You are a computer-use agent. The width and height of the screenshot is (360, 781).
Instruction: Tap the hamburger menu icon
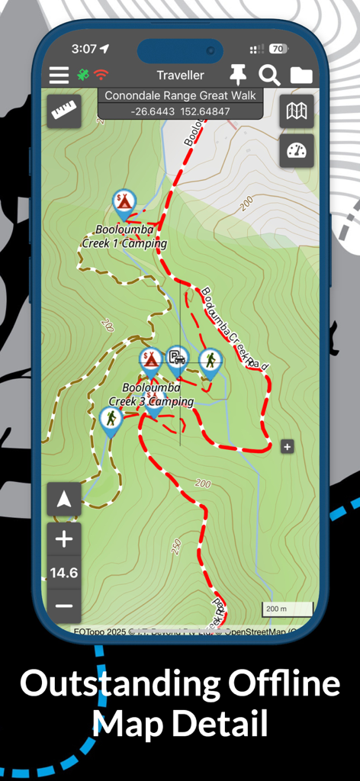[x=59, y=75]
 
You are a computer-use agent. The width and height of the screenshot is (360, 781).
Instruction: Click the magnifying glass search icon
[x=269, y=75]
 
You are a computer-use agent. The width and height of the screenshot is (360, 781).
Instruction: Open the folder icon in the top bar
[x=301, y=75]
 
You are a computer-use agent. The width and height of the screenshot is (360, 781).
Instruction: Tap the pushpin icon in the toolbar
[x=238, y=74]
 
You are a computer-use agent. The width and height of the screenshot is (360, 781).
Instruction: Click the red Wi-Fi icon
[x=101, y=75]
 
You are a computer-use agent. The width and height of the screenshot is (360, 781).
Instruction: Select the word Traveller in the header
[x=181, y=75]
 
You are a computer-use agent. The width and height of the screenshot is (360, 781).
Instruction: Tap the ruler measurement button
[x=64, y=111]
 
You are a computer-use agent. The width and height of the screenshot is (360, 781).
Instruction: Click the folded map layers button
[x=297, y=111]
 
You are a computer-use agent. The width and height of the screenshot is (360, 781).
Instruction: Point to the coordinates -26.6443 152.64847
[x=181, y=111]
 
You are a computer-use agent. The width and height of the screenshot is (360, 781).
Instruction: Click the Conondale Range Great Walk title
[x=181, y=96]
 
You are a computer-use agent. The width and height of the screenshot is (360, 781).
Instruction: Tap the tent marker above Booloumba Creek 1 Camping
[x=124, y=203]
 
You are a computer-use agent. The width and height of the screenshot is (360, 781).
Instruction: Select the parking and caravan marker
[x=178, y=358]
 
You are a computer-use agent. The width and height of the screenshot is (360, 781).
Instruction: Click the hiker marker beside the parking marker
[x=210, y=362]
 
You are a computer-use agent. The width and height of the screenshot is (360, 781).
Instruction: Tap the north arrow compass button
[x=64, y=500]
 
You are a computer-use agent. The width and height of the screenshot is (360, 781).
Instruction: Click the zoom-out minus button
[x=64, y=606]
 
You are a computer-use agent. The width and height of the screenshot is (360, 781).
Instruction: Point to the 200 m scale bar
[x=288, y=609]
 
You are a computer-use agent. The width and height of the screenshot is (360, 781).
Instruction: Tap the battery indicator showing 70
[x=278, y=49]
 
